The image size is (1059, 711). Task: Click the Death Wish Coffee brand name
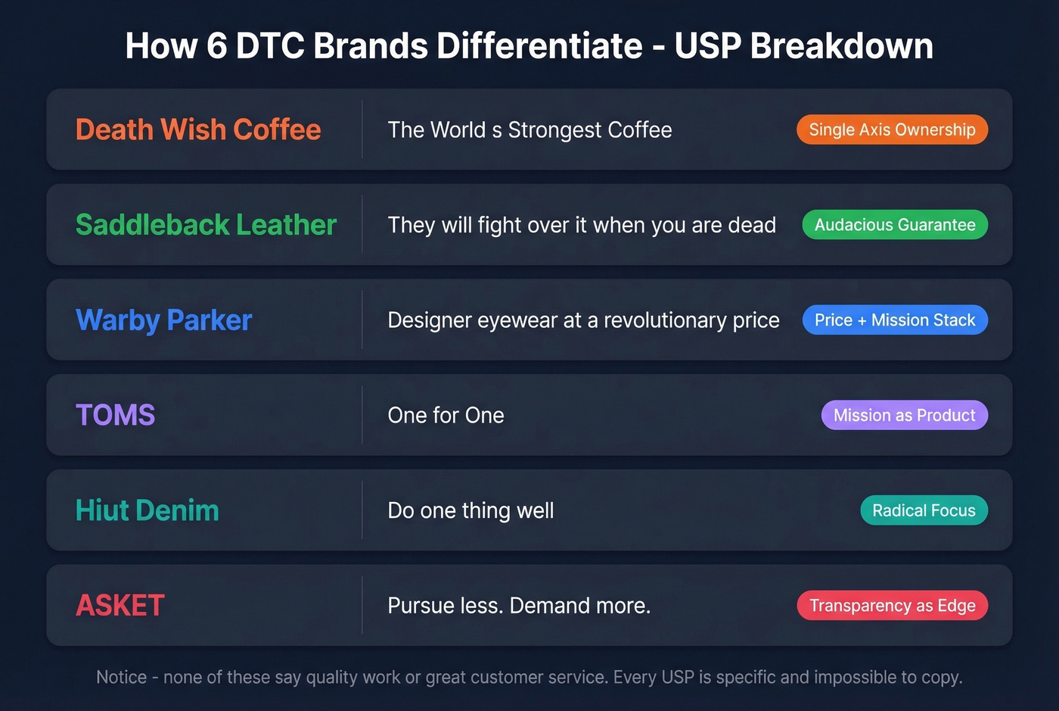(198, 129)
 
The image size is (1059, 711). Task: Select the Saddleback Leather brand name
(206, 225)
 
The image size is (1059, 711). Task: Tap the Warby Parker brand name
(163, 320)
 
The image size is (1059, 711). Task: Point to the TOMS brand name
(115, 415)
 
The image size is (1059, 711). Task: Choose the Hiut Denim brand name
(147, 510)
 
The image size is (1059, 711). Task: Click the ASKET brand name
(120, 606)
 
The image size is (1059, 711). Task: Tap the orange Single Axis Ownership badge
(892, 129)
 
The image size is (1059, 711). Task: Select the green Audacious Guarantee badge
(895, 225)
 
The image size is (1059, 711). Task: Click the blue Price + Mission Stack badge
(895, 320)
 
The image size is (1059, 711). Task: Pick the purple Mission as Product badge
(904, 415)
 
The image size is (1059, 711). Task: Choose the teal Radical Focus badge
(924, 510)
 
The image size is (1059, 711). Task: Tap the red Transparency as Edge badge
(892, 606)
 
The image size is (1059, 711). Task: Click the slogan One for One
(446, 415)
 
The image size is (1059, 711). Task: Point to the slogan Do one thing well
(470, 510)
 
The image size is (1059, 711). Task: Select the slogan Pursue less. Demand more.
(519, 606)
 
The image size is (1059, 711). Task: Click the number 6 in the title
(216, 46)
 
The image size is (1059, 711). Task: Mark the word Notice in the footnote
(121, 677)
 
